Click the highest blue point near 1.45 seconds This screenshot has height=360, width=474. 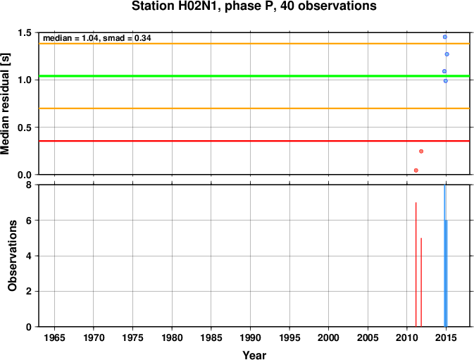coord(444,37)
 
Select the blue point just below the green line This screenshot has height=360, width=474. coord(446,81)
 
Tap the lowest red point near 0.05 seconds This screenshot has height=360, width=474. coord(416,170)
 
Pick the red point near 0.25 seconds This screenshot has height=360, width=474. coord(421,151)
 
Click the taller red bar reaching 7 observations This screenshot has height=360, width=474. coord(416,264)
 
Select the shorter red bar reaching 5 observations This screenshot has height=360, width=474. coord(421,283)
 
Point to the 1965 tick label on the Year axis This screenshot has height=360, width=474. coord(54,337)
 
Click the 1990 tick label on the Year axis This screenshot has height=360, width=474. coord(250,337)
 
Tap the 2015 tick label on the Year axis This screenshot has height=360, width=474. coord(446,337)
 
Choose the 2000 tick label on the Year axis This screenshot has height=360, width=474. coord(329,337)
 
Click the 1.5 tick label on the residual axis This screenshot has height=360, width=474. coord(25,32)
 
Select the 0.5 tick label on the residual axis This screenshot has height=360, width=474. coord(25,128)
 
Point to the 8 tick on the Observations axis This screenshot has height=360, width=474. coord(29,185)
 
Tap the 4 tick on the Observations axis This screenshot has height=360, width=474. coord(29,256)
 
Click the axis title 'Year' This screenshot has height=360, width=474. coord(254,355)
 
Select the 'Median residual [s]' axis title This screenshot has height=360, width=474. coord(5,104)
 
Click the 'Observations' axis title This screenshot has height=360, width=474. coord(12,256)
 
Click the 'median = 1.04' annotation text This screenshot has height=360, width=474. coord(71,38)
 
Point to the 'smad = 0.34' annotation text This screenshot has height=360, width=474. coord(127,38)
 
